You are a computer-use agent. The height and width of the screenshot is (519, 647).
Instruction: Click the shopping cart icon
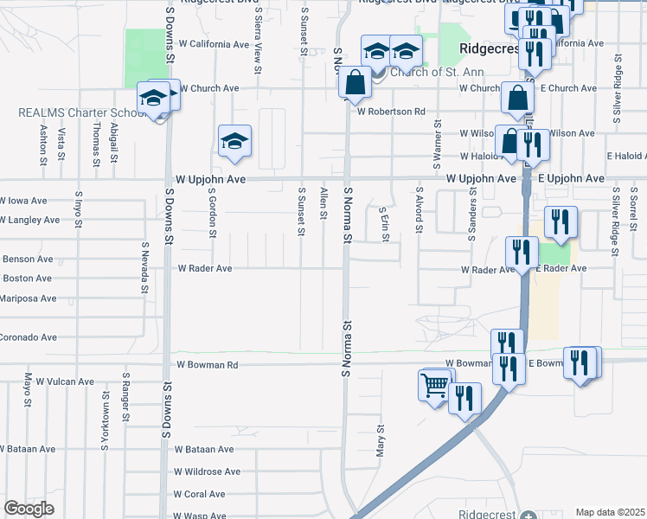pyautogui.click(x=435, y=384)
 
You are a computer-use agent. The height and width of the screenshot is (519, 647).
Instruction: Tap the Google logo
pyautogui.click(x=29, y=509)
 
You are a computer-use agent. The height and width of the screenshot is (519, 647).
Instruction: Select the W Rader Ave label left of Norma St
pyautogui.click(x=205, y=269)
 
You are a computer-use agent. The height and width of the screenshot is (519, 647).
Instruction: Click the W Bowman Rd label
pyautogui.click(x=207, y=365)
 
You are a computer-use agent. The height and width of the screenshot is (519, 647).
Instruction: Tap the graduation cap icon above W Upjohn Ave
pyautogui.click(x=234, y=141)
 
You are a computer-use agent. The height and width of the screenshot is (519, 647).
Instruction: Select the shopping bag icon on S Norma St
pyautogui.click(x=356, y=84)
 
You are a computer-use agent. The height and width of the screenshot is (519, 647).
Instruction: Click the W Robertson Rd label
pyautogui.click(x=391, y=112)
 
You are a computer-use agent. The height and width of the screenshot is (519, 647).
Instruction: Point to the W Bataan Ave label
pyautogui.click(x=204, y=450)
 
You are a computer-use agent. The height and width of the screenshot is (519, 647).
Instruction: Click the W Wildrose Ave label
pyautogui.click(x=207, y=472)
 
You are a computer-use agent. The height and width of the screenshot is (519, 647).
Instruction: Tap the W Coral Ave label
pyautogui.click(x=199, y=495)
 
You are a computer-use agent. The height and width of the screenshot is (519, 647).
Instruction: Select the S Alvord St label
pyautogui.click(x=419, y=210)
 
